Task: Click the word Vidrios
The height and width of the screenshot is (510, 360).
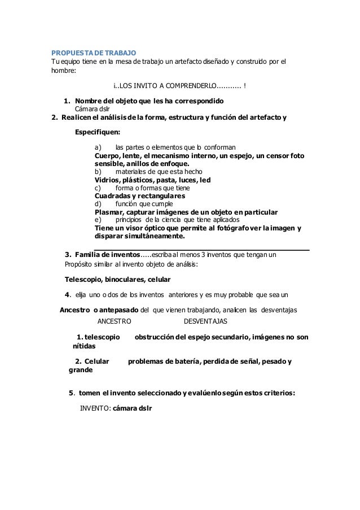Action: [x=108, y=180]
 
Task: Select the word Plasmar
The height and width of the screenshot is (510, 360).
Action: [x=110, y=212]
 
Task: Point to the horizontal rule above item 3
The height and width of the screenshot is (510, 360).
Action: [x=201, y=249]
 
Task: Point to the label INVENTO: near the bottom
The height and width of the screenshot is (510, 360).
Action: [x=95, y=408]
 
